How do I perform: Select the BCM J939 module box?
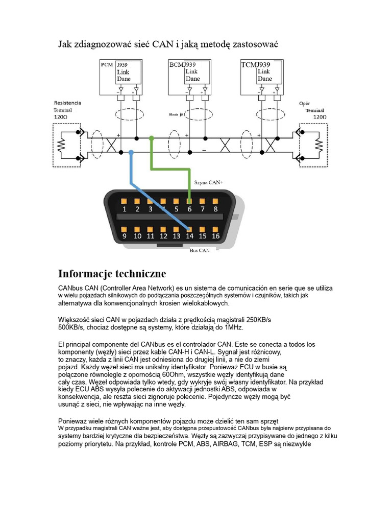[x=189, y=76]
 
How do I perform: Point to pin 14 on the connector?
[x=189, y=229]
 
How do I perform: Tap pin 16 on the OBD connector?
[x=215, y=229]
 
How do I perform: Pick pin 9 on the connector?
[x=124, y=229]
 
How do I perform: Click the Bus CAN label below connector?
[x=200, y=251]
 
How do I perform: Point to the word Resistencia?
[x=67, y=103]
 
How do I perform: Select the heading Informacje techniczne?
[x=112, y=273]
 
